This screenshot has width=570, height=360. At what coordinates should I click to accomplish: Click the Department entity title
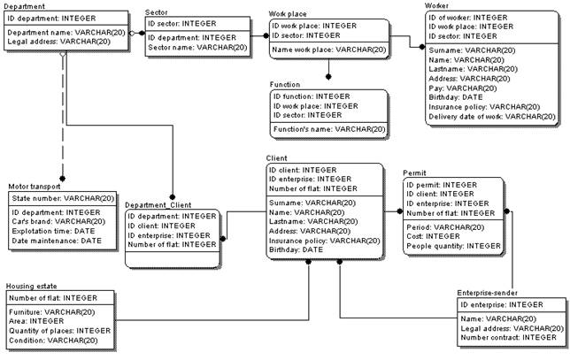25,6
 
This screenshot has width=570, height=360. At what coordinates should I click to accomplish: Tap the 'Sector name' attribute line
197,47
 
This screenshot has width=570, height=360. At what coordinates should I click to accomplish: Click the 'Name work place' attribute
328,50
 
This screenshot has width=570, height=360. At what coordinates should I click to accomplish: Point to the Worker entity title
436,5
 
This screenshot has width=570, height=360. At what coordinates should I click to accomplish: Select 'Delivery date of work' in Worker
492,116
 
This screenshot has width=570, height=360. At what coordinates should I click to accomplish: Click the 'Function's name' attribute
329,129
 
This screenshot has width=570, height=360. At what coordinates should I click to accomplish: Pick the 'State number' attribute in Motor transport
63,198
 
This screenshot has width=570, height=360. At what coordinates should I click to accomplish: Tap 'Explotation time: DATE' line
53,231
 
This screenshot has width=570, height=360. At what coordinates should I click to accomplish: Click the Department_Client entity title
158,205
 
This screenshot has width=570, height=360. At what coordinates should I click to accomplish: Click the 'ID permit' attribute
442,185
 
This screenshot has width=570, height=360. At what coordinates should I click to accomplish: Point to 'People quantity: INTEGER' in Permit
453,246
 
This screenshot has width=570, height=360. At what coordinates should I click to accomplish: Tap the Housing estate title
31,286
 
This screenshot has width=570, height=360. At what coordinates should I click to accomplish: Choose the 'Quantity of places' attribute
59,331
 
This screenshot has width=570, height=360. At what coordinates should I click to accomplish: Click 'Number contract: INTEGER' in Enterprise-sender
508,338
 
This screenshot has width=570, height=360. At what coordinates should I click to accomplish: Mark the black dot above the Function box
328,77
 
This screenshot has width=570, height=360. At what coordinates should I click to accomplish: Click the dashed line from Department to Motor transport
63,116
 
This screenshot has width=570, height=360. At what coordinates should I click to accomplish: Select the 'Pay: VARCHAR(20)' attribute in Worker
462,88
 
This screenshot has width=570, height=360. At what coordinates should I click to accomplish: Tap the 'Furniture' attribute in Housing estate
51,311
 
